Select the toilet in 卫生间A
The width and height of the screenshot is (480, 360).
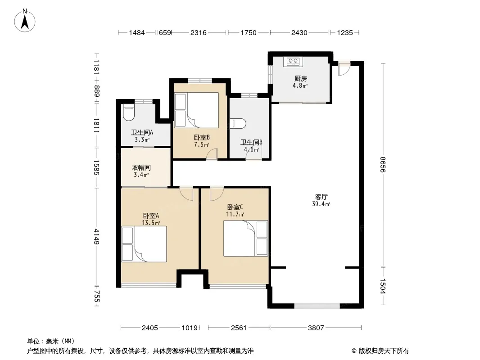pos(128,112)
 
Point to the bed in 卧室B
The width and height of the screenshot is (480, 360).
pos(196,110)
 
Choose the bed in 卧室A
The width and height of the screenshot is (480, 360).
pos(144,244)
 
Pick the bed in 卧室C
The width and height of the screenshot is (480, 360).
pos(245,238)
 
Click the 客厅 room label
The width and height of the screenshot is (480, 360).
pos(321,197)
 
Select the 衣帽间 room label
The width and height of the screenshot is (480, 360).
pos(141,167)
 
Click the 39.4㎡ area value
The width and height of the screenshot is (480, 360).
pos(321,204)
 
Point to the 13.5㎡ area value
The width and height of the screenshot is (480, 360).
pos(151,223)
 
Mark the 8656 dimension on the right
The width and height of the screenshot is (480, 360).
pos(383,164)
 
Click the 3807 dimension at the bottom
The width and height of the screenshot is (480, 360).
pos(316,328)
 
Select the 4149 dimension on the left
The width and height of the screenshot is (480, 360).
pos(96,236)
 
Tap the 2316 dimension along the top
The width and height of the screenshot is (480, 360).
pos(199,32)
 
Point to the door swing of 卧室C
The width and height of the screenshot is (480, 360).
pos(217,194)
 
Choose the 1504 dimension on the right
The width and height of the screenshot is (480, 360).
pos(383,286)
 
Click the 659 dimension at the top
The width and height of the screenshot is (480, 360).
pos(165,32)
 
